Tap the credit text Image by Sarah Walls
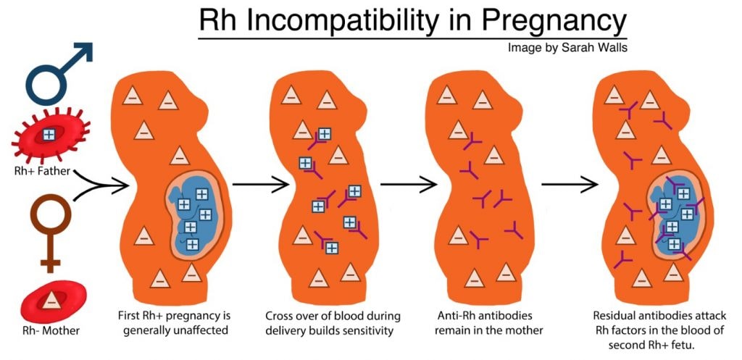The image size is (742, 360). (568, 48)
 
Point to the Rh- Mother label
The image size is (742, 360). (50, 330)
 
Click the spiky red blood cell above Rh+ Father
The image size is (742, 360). (50, 135)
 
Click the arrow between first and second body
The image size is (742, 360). (261, 185)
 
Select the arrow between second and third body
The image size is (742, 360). (409, 185)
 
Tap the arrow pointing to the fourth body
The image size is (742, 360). (570, 185)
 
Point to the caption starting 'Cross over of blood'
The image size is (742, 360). (333, 322)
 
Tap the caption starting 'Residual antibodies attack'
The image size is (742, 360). (658, 330)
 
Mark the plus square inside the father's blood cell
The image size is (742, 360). (49, 134)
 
